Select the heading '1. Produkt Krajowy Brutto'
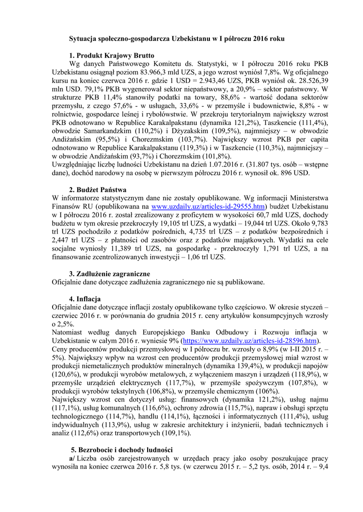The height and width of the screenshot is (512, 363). click(112, 55)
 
